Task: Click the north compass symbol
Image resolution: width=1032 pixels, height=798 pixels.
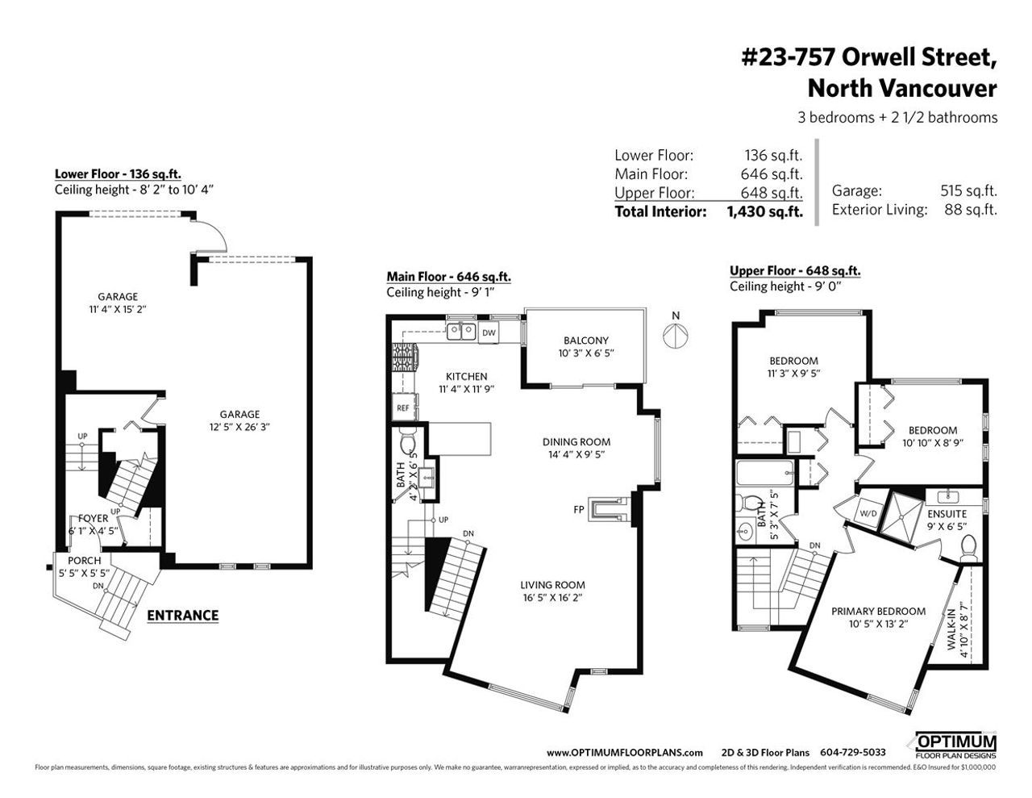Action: [x=676, y=334]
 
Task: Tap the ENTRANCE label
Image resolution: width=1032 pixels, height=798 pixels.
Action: [x=182, y=615]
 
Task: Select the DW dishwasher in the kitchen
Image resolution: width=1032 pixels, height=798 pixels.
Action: [x=489, y=332]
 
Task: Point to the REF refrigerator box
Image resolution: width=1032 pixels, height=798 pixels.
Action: [x=403, y=407]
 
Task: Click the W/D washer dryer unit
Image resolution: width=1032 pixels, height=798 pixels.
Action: [x=868, y=512]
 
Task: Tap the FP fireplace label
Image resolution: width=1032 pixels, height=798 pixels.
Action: [x=578, y=509]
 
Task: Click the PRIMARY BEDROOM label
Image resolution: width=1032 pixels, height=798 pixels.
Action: [x=878, y=611]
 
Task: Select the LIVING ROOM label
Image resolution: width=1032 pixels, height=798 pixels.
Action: [x=552, y=585]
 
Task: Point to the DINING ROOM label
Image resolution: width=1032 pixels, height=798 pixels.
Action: [x=576, y=441]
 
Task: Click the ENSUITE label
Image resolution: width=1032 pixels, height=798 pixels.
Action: [x=947, y=513]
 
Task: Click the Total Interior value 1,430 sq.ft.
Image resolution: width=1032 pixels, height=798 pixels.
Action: [x=764, y=212]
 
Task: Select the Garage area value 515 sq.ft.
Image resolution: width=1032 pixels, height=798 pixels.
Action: [x=968, y=191]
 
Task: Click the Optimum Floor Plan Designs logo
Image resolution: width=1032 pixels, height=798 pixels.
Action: [x=955, y=746]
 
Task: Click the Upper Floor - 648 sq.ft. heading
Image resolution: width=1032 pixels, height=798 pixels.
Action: [x=794, y=271]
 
